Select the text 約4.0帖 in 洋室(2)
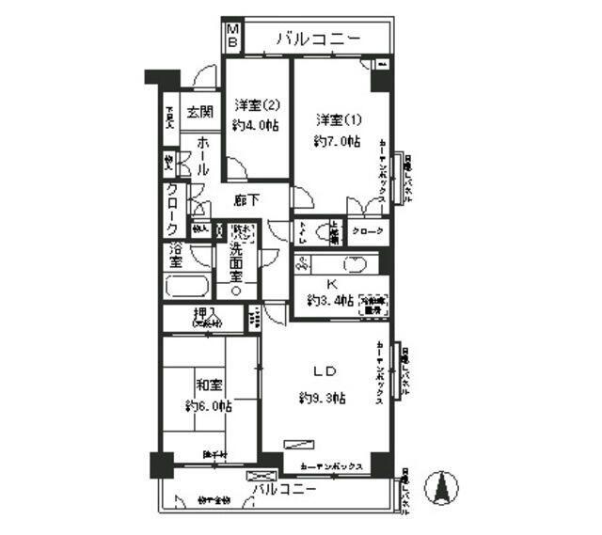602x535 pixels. click(x=257, y=125)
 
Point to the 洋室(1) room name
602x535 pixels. click(x=336, y=119)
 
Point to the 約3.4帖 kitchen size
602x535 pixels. click(x=330, y=301)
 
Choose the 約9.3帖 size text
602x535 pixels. click(x=322, y=398)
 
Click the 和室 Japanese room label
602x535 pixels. click(x=209, y=386)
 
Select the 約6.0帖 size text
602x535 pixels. click(x=208, y=406)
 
